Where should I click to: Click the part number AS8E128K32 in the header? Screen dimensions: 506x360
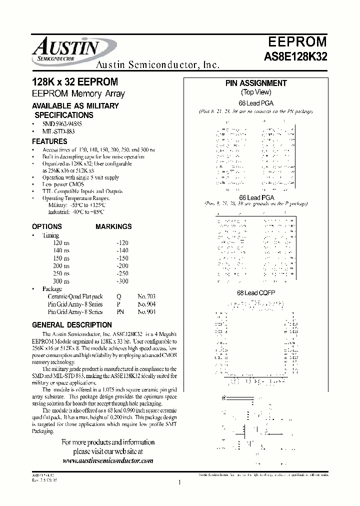[x=295, y=57]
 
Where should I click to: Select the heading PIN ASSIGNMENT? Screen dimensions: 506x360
[x=256, y=83]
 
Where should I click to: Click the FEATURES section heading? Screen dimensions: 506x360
[x=49, y=141]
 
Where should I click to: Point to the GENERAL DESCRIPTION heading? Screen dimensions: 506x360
[x=71, y=325]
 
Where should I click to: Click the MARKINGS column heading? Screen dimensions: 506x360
[x=113, y=226]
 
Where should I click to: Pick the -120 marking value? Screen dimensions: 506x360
[x=122, y=242]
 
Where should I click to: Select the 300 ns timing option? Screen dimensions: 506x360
[x=61, y=281]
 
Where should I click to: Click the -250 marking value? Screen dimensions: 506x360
[x=122, y=273]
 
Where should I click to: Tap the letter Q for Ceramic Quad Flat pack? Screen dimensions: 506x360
[x=118, y=296]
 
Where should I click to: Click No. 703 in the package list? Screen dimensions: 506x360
[x=146, y=296]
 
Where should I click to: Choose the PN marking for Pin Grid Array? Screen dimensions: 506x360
[x=120, y=311]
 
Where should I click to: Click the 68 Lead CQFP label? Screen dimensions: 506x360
[x=256, y=292]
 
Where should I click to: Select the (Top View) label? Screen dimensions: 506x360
[x=256, y=92]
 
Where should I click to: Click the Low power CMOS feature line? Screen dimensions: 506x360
[x=63, y=184]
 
